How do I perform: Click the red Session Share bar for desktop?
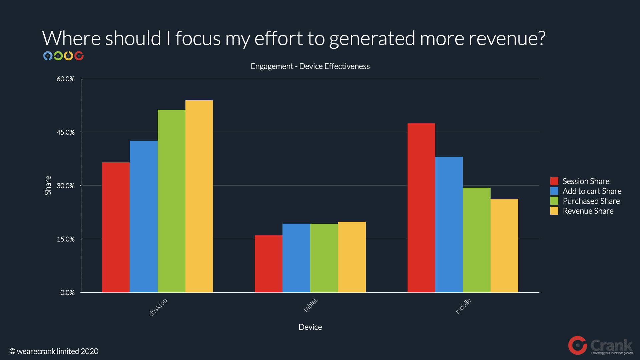(x=116, y=227)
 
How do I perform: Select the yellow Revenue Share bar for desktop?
(x=199, y=196)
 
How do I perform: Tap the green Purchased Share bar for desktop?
(x=171, y=201)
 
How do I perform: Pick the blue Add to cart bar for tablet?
(x=296, y=258)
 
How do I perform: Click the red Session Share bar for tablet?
(x=268, y=264)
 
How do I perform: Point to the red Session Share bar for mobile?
(x=421, y=208)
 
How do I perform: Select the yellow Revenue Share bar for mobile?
(x=504, y=246)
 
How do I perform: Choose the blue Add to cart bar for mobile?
(x=449, y=224)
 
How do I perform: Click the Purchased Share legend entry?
(x=591, y=201)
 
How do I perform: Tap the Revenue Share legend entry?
(x=588, y=211)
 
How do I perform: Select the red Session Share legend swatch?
(x=554, y=181)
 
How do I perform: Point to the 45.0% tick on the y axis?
(x=66, y=132)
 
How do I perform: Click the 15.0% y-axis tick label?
(x=66, y=239)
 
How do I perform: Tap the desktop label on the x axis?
(x=158, y=307)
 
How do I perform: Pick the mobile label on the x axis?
(x=463, y=306)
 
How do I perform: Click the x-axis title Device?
(x=310, y=327)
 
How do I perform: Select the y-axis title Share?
(x=48, y=185)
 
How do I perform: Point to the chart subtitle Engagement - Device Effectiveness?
(x=310, y=66)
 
